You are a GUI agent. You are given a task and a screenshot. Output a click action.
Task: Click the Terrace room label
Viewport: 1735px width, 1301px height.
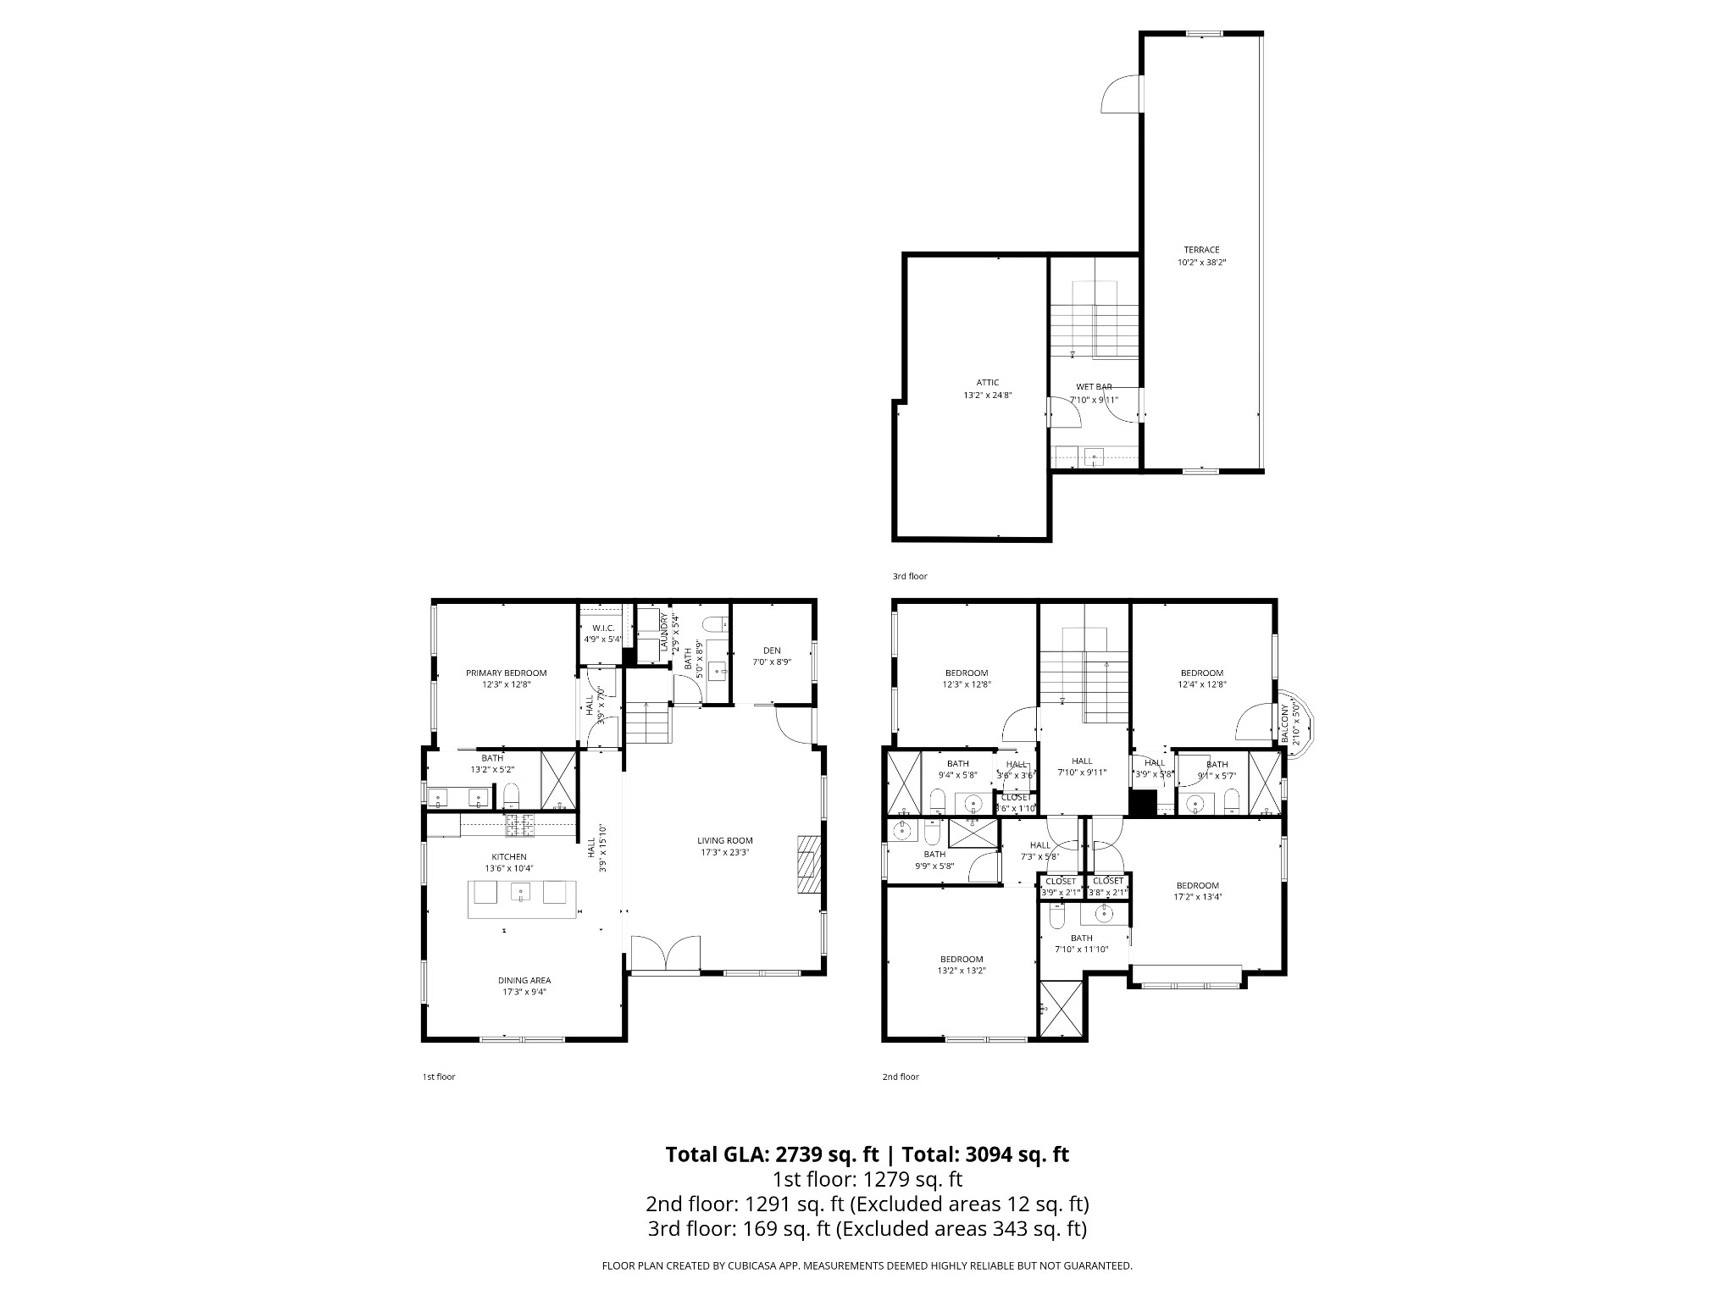pos(1201,250)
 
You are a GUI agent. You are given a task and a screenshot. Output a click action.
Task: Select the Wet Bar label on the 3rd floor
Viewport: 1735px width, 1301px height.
pos(1094,387)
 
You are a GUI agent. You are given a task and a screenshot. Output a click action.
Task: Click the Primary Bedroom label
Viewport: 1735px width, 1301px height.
pos(506,673)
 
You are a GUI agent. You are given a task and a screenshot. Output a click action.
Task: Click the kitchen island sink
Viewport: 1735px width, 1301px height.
pos(520,891)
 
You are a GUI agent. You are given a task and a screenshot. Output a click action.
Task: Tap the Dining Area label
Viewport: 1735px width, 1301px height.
pos(524,980)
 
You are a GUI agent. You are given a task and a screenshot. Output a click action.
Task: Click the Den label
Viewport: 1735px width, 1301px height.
pos(772,650)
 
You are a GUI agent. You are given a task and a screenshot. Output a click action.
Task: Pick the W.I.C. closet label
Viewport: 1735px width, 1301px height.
pos(602,628)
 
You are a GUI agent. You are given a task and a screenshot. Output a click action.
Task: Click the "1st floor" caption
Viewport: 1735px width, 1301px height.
pos(439,1077)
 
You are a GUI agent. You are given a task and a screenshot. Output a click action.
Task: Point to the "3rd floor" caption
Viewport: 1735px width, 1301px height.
pos(909,576)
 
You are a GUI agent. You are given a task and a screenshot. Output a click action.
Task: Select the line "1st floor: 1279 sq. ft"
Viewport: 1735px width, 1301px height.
pos(867,1179)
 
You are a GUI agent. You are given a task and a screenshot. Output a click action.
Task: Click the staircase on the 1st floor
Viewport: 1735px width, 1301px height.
pos(648,724)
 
